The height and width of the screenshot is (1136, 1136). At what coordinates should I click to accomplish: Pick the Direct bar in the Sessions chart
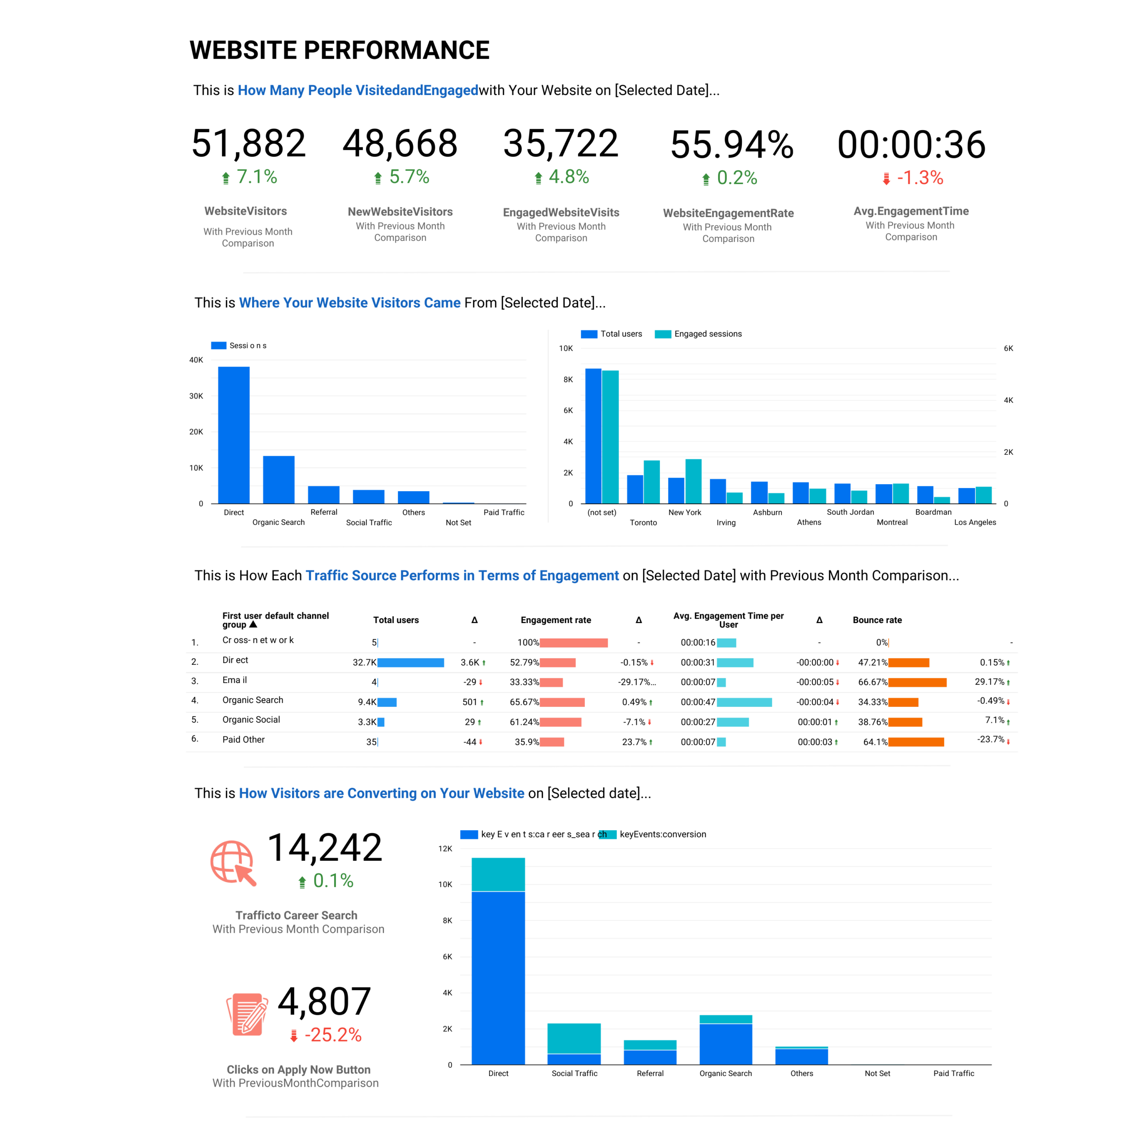233,435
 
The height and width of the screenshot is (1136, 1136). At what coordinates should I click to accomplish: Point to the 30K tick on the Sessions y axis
196,396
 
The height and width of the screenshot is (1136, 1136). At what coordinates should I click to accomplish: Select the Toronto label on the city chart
643,522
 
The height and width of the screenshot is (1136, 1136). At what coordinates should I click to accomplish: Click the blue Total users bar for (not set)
593,436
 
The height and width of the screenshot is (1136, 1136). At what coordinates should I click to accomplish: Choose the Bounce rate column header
877,620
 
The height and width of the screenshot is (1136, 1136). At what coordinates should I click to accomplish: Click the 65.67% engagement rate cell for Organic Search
524,702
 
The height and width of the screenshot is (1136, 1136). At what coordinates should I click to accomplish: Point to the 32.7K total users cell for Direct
365,663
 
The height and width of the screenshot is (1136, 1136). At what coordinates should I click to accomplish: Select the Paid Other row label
244,740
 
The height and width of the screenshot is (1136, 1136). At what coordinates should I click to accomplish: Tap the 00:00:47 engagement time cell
698,702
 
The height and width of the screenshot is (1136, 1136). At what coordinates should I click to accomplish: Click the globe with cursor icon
233,863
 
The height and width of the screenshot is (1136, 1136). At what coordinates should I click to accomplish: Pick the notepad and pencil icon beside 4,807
247,1014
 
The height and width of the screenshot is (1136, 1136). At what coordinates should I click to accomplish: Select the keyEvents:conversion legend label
663,834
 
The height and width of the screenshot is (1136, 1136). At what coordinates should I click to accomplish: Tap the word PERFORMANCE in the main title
396,51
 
